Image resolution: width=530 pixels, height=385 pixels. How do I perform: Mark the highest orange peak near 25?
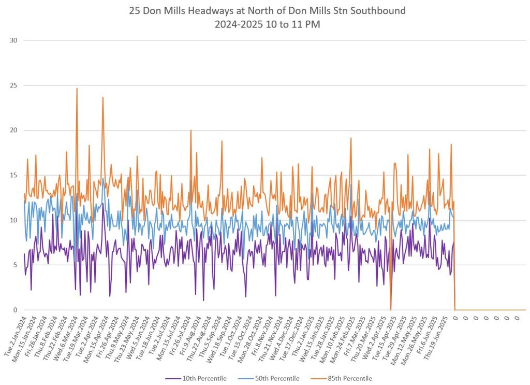pyautogui.click(x=77, y=89)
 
